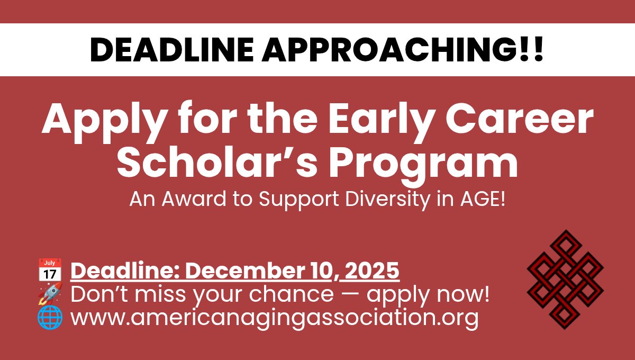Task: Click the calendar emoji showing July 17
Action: [x=50, y=270]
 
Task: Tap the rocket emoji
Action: [x=50, y=294]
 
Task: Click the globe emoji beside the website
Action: [x=50, y=318]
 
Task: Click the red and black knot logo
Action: [x=565, y=278]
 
